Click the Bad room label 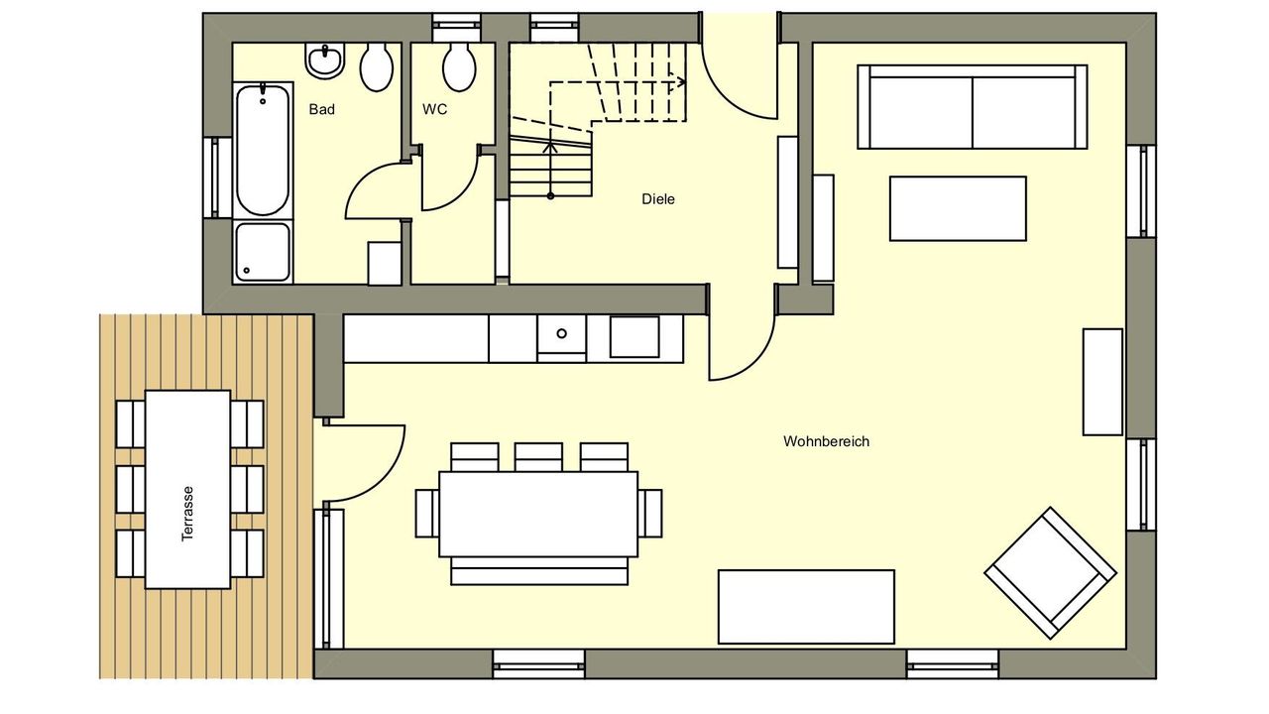(322, 109)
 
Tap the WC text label (434, 109)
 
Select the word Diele (657, 199)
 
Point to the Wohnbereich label (826, 441)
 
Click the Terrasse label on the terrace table (187, 514)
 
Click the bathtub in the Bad (263, 150)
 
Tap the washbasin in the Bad (324, 60)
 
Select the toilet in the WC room (459, 66)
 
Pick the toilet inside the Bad (377, 66)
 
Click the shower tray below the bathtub (263, 252)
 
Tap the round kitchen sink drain (561, 334)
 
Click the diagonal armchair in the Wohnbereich (1050, 573)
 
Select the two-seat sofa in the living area (973, 107)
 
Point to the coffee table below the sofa (958, 208)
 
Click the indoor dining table (538, 514)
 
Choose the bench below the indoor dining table (539, 571)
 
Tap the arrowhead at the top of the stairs (677, 82)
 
